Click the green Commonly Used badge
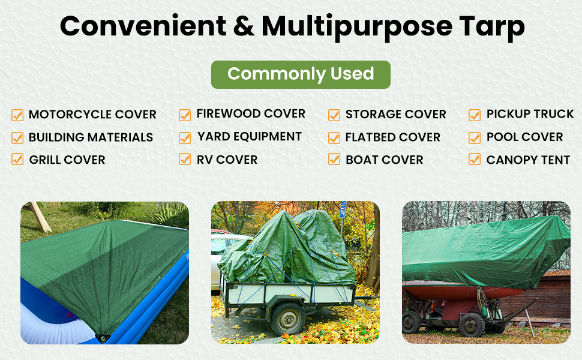coord(301,74)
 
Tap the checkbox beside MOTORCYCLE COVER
coord(17,115)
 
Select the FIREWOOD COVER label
coord(251,114)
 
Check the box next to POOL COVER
coord(475,137)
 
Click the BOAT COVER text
coord(385,160)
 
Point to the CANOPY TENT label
coord(528,160)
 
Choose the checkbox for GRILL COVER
coord(17,160)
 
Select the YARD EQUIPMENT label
coord(250,137)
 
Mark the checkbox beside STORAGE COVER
coord(334,115)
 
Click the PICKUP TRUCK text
coord(530,114)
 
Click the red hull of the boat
coord(456,293)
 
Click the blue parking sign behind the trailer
coord(343,210)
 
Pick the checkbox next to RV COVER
coord(185,160)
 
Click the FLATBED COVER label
coord(392,137)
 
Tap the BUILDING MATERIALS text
coord(91,137)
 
